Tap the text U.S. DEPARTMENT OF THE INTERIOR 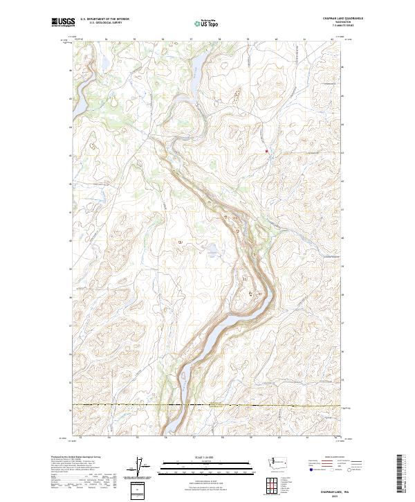(104, 19)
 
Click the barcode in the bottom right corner (399, 475)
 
